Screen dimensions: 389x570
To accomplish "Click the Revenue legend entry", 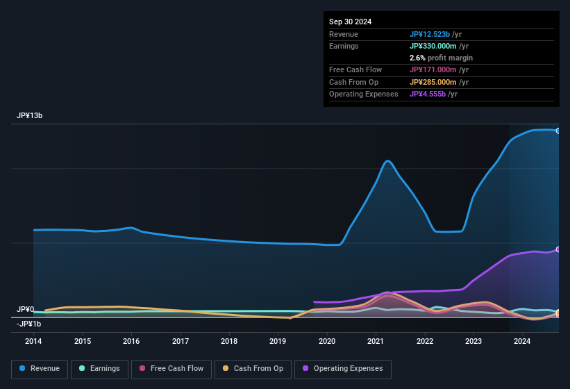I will point(40,368).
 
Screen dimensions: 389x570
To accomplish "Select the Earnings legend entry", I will point(99,368).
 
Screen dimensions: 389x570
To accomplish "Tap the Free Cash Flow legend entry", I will point(171,368).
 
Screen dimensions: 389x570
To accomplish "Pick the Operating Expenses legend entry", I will point(342,368).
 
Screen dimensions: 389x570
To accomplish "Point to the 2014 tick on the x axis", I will point(33,341).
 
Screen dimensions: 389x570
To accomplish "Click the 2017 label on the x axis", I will point(181,341).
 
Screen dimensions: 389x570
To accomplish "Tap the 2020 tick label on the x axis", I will point(327,341).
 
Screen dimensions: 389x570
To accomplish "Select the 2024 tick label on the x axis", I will point(522,341).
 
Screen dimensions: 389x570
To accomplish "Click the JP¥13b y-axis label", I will point(30,116).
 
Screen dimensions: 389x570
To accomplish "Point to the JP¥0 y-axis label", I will point(25,309).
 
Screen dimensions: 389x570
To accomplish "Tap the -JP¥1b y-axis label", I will point(28,324).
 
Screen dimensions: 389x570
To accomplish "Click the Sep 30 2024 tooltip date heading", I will point(350,22).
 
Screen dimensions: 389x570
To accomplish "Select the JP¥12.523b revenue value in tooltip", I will point(430,34).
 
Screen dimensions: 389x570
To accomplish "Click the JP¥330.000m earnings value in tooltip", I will point(433,46).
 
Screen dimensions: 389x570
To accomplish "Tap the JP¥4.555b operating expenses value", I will point(428,94).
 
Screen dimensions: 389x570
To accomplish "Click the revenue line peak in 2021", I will point(387,161).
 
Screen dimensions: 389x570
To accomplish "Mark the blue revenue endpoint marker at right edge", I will point(558,131).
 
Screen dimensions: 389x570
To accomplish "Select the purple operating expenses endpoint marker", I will point(558,249).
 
